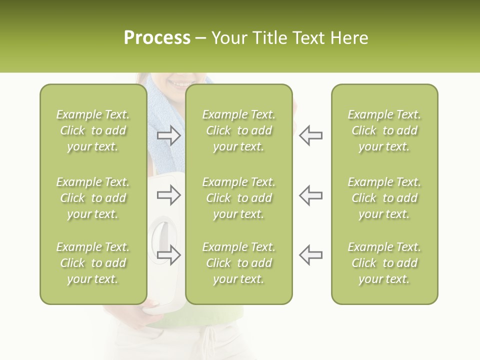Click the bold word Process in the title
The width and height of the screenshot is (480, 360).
click(157, 38)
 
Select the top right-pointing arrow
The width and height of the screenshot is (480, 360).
click(169, 135)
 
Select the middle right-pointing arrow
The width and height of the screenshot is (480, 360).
click(169, 194)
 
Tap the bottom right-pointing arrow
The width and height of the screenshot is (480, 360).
click(169, 254)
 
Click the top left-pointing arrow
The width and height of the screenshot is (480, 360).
click(310, 135)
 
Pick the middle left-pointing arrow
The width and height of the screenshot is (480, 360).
click(310, 194)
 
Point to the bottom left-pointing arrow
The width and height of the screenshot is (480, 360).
click(310, 254)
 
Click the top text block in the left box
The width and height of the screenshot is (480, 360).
click(93, 130)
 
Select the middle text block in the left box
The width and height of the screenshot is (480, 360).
click(93, 198)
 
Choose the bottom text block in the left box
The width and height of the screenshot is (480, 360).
click(93, 263)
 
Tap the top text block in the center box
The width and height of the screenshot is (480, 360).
click(238, 130)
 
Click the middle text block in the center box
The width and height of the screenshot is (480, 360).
click(238, 198)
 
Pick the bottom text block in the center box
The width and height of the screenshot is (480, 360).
click(238, 263)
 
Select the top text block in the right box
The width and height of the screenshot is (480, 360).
click(384, 130)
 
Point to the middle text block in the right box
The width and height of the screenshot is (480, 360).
click(384, 198)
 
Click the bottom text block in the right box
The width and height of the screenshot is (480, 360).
click(384, 263)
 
